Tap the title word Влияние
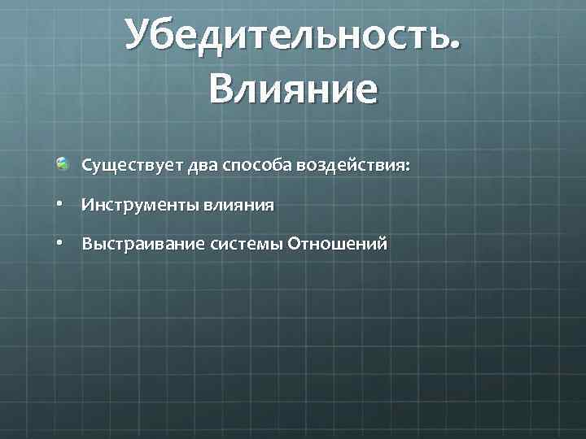(x=293, y=89)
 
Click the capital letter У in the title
(x=139, y=37)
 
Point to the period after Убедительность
(x=453, y=50)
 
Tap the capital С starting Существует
(x=86, y=166)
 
